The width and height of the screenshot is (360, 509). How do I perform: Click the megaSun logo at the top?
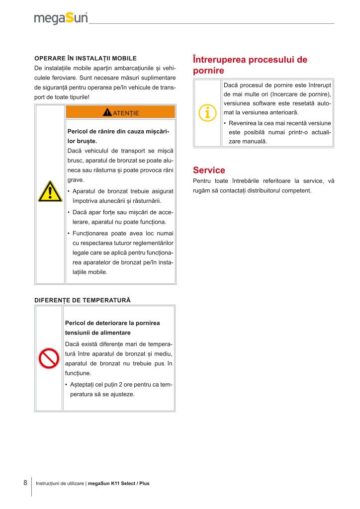(61, 19)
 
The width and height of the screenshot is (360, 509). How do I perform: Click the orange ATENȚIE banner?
(120, 112)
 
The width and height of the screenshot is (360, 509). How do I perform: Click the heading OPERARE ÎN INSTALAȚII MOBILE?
(86, 58)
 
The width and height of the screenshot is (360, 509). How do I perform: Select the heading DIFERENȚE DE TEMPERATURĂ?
(82, 300)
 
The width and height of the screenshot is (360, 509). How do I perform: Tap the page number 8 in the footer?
(25, 483)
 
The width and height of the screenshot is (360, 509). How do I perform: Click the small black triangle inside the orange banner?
(107, 112)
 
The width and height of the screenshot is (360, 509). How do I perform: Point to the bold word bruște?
(86, 141)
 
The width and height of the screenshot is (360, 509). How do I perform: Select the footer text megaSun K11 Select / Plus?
(118, 483)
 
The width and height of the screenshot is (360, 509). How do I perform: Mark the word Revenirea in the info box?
(243, 123)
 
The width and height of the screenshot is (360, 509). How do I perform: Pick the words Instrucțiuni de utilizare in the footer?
(60, 483)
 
